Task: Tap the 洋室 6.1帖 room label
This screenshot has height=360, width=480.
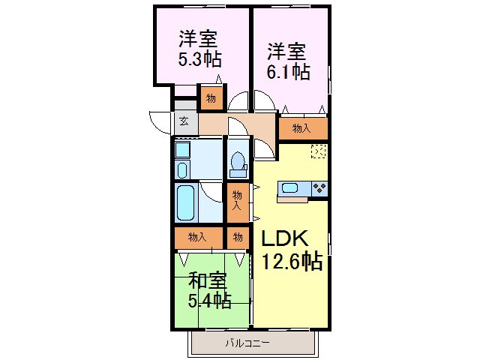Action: (x=288, y=62)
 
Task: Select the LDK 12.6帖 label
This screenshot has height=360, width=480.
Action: (x=291, y=249)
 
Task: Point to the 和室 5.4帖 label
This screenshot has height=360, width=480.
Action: (x=208, y=291)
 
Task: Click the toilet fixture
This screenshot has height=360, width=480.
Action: (x=238, y=163)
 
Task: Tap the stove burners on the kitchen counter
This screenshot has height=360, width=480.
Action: (x=319, y=187)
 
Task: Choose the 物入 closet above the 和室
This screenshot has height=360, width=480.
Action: (x=198, y=237)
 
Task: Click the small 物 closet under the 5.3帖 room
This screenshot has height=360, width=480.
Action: (x=211, y=98)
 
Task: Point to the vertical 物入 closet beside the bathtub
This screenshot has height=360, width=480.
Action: (x=238, y=200)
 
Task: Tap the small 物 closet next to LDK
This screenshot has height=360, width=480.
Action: (x=237, y=237)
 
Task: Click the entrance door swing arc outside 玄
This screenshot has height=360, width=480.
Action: (x=160, y=121)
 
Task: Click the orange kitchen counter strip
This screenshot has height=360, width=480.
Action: (x=292, y=199)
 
